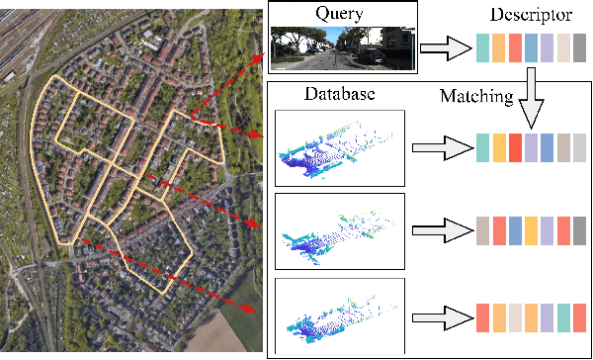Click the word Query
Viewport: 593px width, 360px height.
[339, 13]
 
